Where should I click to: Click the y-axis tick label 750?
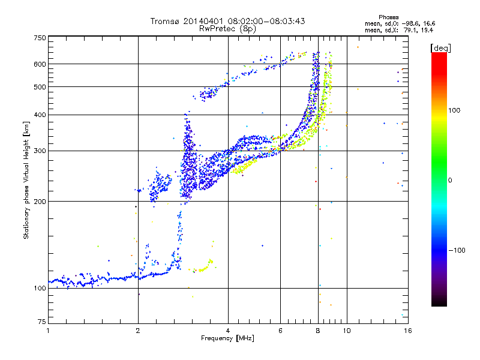(40, 38)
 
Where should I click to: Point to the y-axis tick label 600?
(40, 64)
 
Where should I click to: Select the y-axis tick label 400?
(40, 115)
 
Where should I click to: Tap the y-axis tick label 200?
(40, 201)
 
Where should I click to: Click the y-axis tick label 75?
(41, 323)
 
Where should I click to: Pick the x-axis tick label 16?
(407, 331)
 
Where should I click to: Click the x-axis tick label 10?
(346, 331)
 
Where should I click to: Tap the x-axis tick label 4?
(228, 331)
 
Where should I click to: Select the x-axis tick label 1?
(48, 331)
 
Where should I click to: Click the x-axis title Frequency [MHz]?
(228, 338)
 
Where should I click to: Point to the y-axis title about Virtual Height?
(26, 180)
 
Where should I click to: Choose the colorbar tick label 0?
(451, 180)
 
